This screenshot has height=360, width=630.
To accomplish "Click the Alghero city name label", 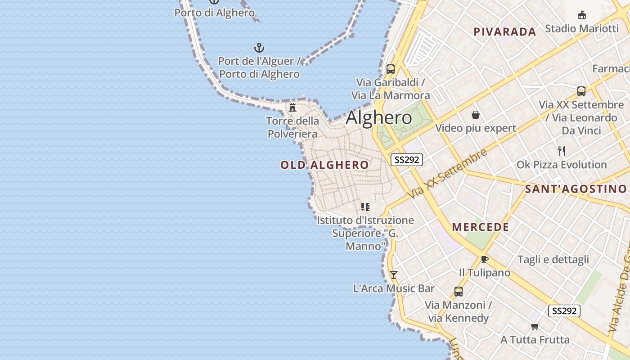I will (379, 117).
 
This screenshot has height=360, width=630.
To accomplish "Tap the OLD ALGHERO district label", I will (324, 165).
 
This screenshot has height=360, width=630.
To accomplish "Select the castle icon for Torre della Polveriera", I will (292, 107).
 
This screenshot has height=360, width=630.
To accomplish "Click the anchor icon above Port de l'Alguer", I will (259, 47).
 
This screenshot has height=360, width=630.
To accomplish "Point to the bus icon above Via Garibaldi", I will (391, 69).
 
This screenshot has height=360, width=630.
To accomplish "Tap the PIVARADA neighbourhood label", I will (505, 32).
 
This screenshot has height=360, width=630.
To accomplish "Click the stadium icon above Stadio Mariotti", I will (581, 15).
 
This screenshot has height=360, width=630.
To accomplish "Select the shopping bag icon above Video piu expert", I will (475, 115).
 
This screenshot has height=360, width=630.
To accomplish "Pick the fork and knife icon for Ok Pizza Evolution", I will (561, 151).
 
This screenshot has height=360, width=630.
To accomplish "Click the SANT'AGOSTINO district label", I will (576, 189).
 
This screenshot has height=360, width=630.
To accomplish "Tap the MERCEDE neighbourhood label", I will (481, 227).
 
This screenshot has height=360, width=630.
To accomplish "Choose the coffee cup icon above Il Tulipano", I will (484, 260).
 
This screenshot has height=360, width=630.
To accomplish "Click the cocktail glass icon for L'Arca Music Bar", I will (394, 274).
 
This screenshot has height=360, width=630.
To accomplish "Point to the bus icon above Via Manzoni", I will (458, 292).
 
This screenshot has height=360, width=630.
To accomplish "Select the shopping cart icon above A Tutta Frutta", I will (535, 326).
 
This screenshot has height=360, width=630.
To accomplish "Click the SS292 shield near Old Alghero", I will (407, 160).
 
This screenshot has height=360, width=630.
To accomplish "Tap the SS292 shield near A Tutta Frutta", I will (564, 311).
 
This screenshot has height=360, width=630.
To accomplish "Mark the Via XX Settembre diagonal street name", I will (448, 173).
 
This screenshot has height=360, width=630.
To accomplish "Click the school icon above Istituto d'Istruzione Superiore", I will (365, 207).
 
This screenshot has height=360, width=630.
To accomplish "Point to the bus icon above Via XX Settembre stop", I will (581, 91).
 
